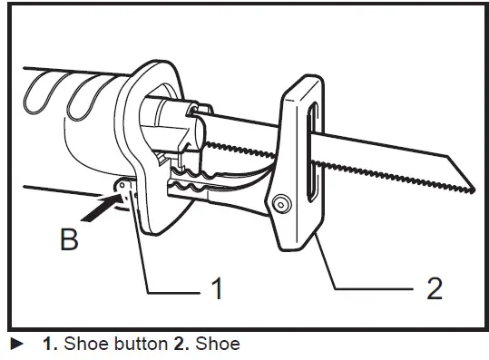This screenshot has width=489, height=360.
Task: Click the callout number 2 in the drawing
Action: (x=434, y=289)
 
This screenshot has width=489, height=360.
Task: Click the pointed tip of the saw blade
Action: (x=473, y=189)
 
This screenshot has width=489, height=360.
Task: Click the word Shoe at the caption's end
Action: (x=219, y=345)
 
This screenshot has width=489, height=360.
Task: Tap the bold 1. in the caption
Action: (x=50, y=345)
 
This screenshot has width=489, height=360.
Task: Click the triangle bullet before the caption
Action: (x=15, y=345)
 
